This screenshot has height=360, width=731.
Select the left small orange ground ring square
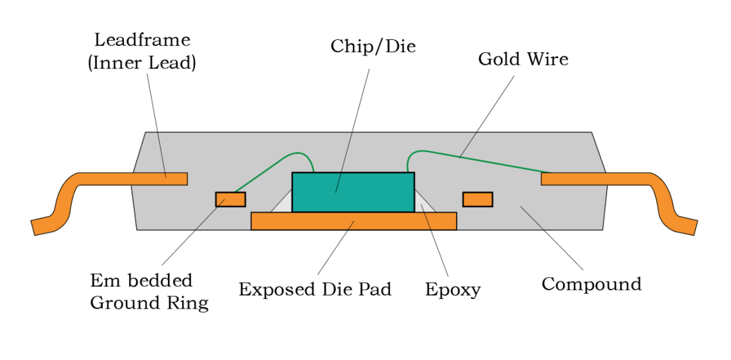(x=230, y=199)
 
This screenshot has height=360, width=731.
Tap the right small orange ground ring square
(x=477, y=199)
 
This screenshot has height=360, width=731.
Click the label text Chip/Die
(x=373, y=47)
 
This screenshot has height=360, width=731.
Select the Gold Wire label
(x=523, y=59)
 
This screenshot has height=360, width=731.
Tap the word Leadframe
(x=142, y=39)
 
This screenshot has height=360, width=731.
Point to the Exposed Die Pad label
(x=315, y=290)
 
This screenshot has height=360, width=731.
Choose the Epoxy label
(x=452, y=290)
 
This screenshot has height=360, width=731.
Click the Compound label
(x=591, y=284)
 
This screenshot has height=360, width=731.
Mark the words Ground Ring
(x=149, y=302)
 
